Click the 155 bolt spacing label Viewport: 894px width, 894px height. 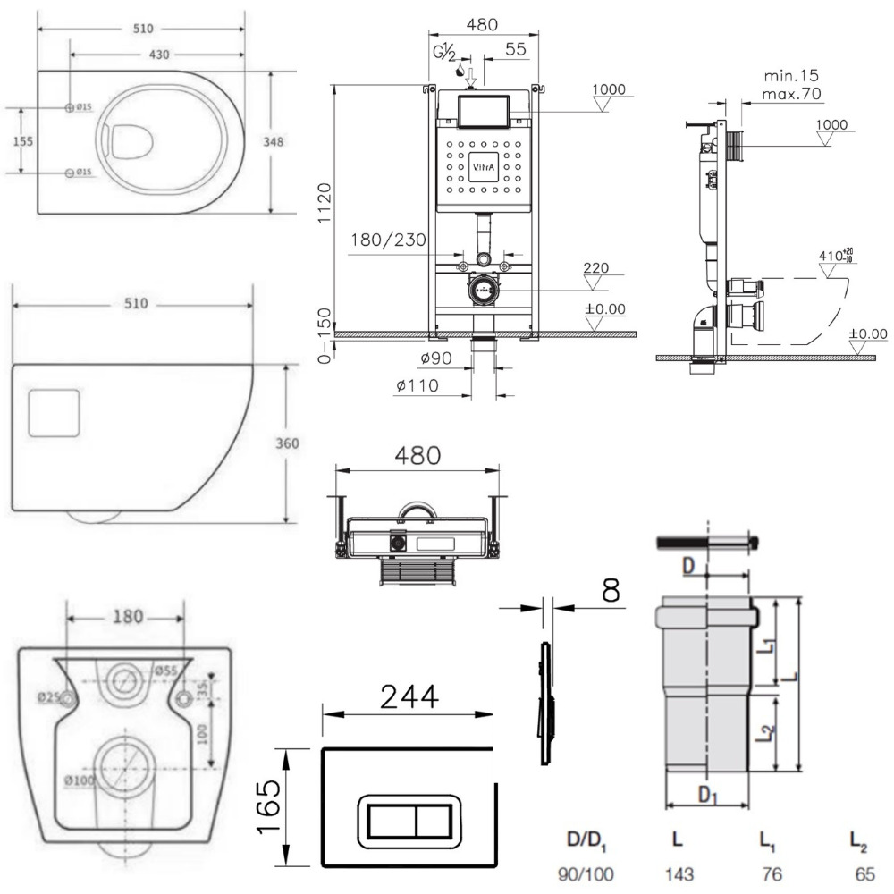pos(24,141)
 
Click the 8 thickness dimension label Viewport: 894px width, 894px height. pos(611,590)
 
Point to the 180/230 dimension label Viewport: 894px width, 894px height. pos(388,240)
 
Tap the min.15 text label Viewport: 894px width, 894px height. pos(791,75)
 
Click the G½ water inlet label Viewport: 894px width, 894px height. pos(444,52)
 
